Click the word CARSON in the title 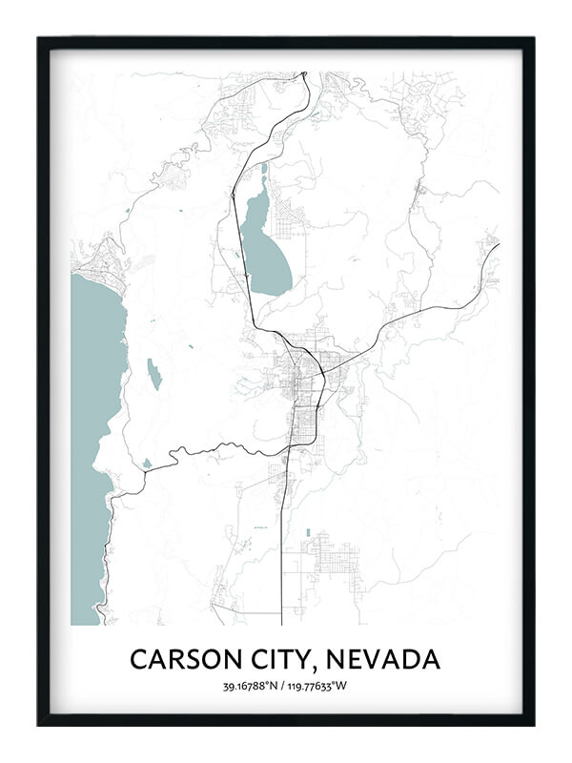click(179, 659)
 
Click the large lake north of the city click(264, 250)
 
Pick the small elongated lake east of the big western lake click(153, 374)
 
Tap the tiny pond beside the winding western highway click(147, 464)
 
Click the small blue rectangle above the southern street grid click(307, 532)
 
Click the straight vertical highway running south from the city click(282, 553)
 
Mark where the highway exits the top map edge click(304, 73)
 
